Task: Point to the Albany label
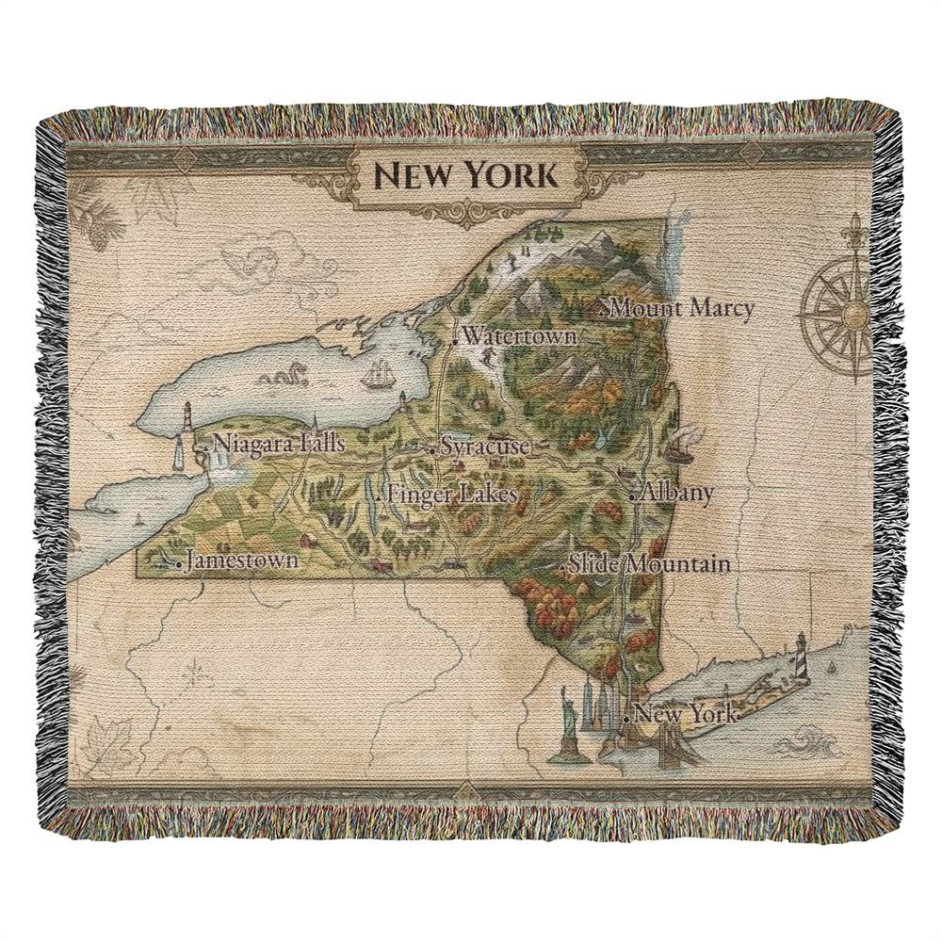pos(676,493)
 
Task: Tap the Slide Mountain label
pos(650,564)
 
